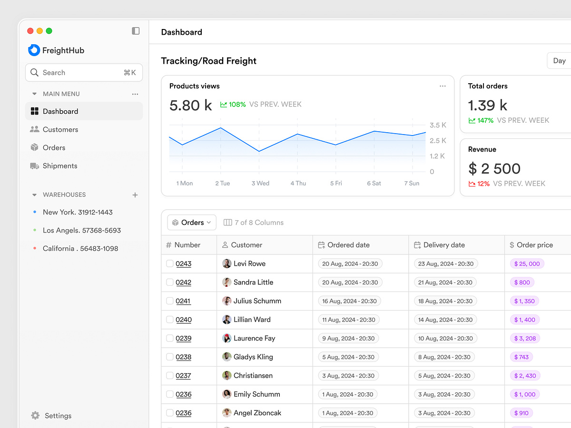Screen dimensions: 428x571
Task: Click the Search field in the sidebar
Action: click(84, 73)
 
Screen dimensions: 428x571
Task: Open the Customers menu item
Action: click(60, 129)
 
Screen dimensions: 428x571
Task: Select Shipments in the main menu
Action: click(59, 166)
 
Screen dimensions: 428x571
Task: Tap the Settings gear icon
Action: click(35, 416)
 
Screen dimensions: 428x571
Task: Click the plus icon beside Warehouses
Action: click(135, 195)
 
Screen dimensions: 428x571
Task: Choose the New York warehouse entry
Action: click(78, 212)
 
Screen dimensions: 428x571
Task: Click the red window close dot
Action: click(30, 31)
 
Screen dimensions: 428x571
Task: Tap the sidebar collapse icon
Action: click(136, 31)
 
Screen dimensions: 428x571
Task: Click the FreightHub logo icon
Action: click(34, 50)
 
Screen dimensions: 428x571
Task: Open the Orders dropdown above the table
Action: click(192, 223)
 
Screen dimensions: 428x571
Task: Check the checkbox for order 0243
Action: click(170, 263)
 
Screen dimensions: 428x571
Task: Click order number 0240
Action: click(184, 320)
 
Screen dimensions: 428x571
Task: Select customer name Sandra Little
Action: click(253, 282)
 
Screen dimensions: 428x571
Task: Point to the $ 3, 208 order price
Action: click(525, 339)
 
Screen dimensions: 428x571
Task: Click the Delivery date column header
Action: click(444, 245)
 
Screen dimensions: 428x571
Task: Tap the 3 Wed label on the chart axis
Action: click(260, 184)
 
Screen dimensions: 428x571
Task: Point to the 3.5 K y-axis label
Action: click(438, 126)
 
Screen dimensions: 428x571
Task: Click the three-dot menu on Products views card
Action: click(443, 86)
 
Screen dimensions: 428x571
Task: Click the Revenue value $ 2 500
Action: click(494, 169)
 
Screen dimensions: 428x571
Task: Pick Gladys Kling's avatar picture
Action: click(227, 357)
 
